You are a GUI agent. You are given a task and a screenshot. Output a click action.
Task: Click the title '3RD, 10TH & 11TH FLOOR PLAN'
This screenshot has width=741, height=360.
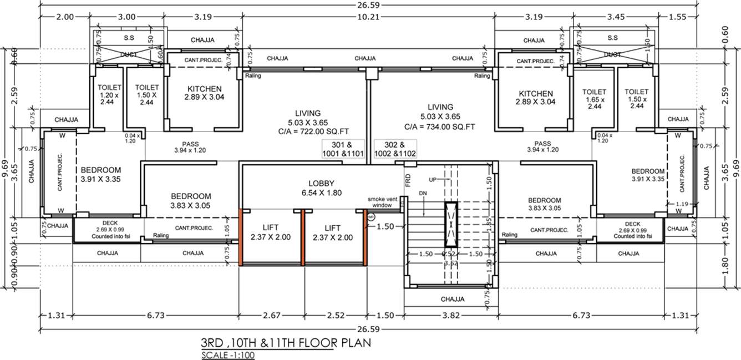coord(286,343)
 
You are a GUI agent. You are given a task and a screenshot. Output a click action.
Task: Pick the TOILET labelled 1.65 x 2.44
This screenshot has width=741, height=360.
coord(594,98)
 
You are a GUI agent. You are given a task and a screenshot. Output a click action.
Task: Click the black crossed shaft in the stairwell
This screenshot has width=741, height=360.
coord(450,225)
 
